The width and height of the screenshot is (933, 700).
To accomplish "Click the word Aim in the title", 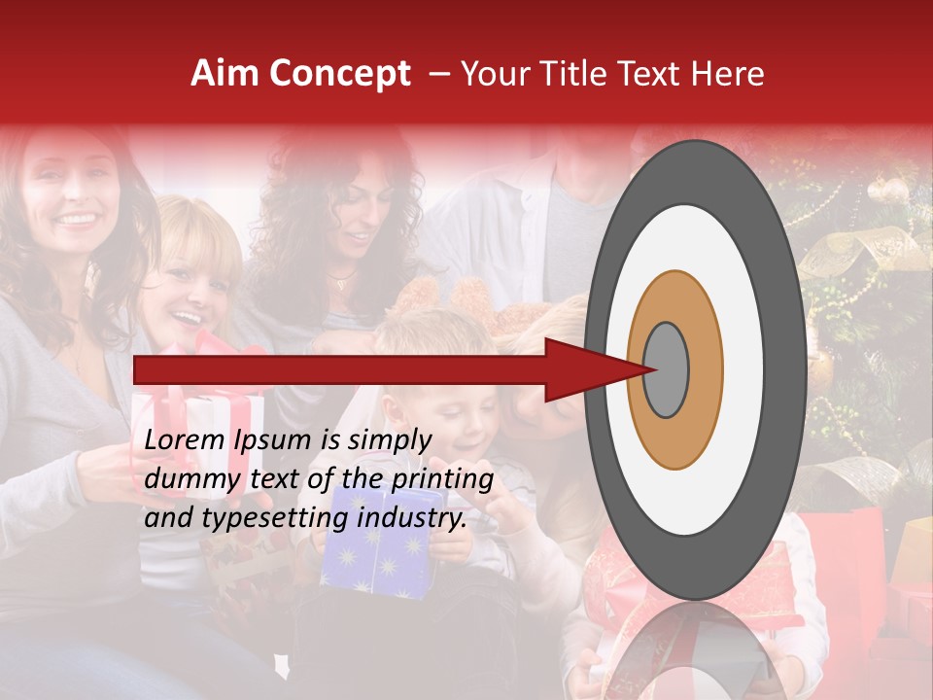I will coord(225,74).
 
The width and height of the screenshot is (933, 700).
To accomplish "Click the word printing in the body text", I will coord(442,479).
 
